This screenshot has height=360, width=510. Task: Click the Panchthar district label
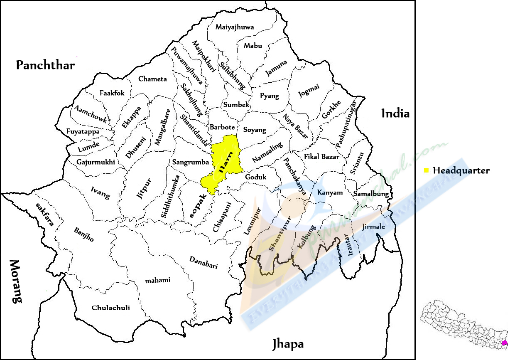click(45, 65)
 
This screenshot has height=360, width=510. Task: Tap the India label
click(395, 113)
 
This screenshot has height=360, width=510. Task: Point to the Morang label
click(15, 281)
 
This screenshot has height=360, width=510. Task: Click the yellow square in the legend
click(426, 170)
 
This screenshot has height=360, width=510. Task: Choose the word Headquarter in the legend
click(461, 170)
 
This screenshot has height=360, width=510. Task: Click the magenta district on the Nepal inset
click(504, 343)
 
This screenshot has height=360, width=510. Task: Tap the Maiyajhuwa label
click(235, 27)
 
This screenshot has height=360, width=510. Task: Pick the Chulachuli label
click(110, 308)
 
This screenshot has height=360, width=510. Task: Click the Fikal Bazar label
click(321, 157)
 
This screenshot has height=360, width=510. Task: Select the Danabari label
click(204, 263)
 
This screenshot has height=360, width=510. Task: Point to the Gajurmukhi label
click(96, 162)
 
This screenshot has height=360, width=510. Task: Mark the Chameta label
click(152, 79)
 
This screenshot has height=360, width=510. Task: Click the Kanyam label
click(330, 192)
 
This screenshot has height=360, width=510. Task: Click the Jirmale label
click(373, 227)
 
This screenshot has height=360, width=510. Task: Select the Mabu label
click(253, 46)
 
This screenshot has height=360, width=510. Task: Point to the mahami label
click(157, 280)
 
